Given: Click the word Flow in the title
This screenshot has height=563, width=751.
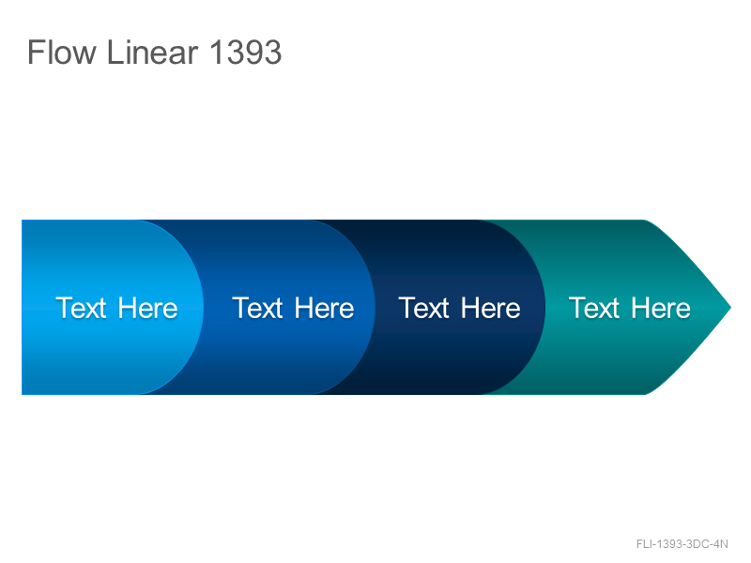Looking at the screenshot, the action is pos(62,52).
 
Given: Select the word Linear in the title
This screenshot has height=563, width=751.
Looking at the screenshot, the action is pos(152,52).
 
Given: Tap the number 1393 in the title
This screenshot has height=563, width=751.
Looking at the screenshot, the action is pos(246,52).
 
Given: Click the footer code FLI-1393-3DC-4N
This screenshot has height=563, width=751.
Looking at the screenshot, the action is pos(682,544).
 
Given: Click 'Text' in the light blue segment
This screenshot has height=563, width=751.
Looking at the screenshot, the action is pos(81,308).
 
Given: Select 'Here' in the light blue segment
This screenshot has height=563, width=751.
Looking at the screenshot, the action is pos(147,308).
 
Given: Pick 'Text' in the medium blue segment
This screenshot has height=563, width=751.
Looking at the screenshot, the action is pos(257,308).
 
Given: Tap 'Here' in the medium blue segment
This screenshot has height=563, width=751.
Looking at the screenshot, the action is pos(324,308).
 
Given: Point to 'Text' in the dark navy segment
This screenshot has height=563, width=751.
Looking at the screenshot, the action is pos(424,308).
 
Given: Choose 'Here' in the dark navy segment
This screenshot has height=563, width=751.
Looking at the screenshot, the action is pos(491,308).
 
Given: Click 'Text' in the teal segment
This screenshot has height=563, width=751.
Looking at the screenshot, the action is pos(594,308).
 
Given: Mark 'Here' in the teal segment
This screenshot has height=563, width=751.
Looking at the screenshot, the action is pos(661,308).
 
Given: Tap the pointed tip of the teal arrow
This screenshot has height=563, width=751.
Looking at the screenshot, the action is pos(731,308).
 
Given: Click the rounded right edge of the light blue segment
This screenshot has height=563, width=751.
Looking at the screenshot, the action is pos(203,308).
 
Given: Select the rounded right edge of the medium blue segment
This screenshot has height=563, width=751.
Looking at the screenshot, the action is pos(374,308).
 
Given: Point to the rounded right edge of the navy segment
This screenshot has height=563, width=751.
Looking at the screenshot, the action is pos(544,308).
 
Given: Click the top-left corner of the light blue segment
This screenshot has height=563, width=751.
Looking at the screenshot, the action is pos(22,221).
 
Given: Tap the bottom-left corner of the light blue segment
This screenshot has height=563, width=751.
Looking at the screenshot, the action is pos(22,394).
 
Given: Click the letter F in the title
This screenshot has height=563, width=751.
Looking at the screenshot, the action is pos(35,52).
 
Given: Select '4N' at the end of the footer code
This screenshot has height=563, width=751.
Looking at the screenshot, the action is pos(721,544).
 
